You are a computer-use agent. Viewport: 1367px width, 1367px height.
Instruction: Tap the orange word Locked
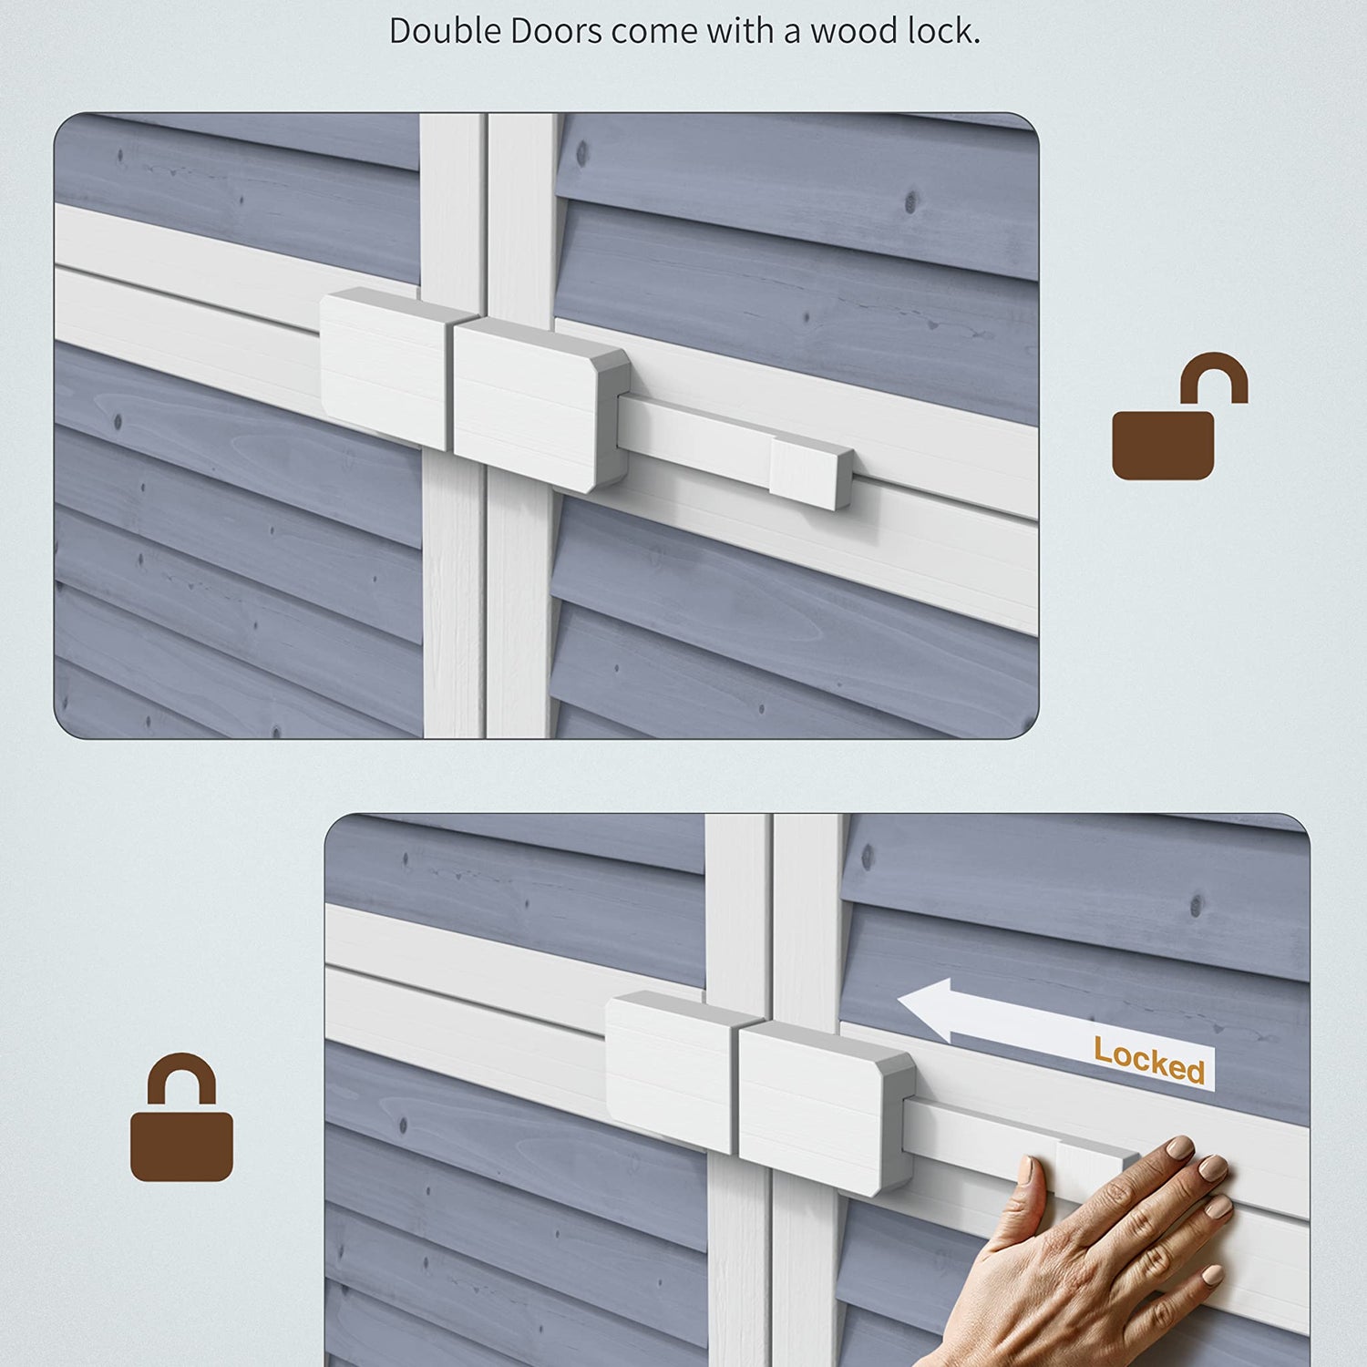click(x=1149, y=1060)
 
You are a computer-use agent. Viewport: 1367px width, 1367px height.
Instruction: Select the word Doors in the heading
click(x=556, y=31)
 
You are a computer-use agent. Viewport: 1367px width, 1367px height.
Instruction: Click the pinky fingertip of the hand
click(x=1211, y=1275)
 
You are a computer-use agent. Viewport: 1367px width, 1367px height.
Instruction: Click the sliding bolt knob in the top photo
click(x=811, y=472)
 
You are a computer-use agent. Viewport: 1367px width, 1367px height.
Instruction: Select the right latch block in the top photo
click(x=541, y=404)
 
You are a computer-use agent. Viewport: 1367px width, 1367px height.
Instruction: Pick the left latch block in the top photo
click(x=386, y=368)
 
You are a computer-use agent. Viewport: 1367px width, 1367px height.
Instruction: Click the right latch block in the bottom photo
click(x=827, y=1107)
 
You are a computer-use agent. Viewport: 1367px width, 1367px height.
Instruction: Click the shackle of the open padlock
click(x=1215, y=374)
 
